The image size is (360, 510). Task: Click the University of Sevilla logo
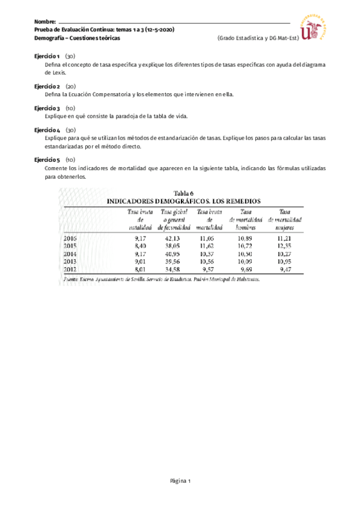(317, 27)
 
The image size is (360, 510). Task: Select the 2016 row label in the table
(70, 239)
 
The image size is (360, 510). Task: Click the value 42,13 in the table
(172, 239)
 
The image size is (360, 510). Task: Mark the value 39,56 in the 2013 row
(172, 262)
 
